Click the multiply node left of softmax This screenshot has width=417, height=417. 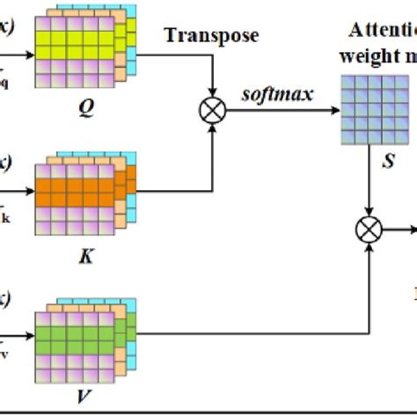213,113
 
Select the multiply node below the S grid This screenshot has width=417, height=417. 366,230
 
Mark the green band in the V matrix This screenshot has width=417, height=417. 75,337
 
